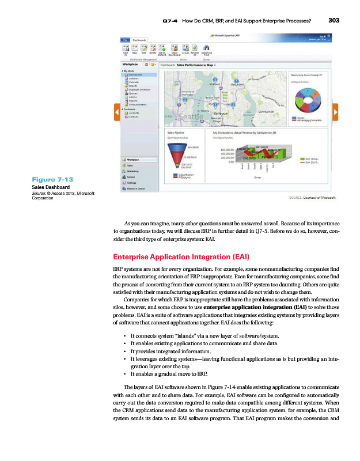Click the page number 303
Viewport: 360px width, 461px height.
[335, 20]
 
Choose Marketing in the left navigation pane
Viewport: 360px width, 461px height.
[133, 171]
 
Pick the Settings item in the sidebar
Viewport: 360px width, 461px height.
[132, 183]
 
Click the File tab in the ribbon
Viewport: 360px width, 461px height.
[124, 39]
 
